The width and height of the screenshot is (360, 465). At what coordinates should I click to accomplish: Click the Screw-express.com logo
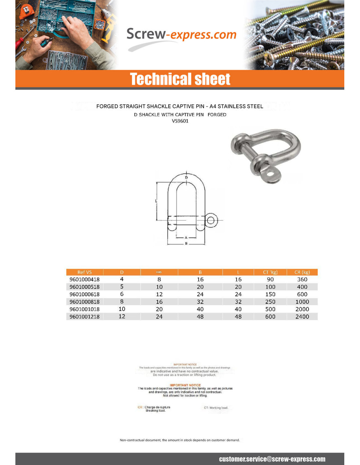click(181, 35)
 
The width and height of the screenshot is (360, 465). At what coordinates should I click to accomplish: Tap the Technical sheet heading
click(180, 79)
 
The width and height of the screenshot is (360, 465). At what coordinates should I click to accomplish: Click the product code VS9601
click(180, 121)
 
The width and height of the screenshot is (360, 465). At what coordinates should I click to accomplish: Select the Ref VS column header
click(84, 272)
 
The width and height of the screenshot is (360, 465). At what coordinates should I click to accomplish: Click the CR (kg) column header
click(302, 272)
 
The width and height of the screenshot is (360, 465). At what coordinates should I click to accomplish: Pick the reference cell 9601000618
click(84, 294)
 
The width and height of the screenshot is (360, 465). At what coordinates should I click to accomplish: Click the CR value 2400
click(302, 317)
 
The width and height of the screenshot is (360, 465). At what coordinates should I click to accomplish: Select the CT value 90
click(270, 280)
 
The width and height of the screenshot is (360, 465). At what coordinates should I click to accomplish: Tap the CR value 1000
click(302, 302)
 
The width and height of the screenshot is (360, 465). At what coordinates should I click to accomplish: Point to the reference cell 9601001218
click(84, 317)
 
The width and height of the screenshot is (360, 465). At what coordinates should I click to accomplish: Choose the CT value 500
click(270, 309)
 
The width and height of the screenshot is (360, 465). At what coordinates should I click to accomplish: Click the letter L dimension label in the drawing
click(156, 201)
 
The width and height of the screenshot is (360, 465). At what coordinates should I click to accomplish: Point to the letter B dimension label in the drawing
click(186, 244)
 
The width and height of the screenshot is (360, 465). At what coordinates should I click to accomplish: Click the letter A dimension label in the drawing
click(186, 238)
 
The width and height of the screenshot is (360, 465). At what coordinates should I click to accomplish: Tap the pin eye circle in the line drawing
click(211, 220)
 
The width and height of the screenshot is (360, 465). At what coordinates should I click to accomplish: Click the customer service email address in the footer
click(272, 459)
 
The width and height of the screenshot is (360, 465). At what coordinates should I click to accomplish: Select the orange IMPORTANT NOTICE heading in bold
click(185, 385)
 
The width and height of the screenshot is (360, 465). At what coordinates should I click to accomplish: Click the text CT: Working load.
click(216, 408)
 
